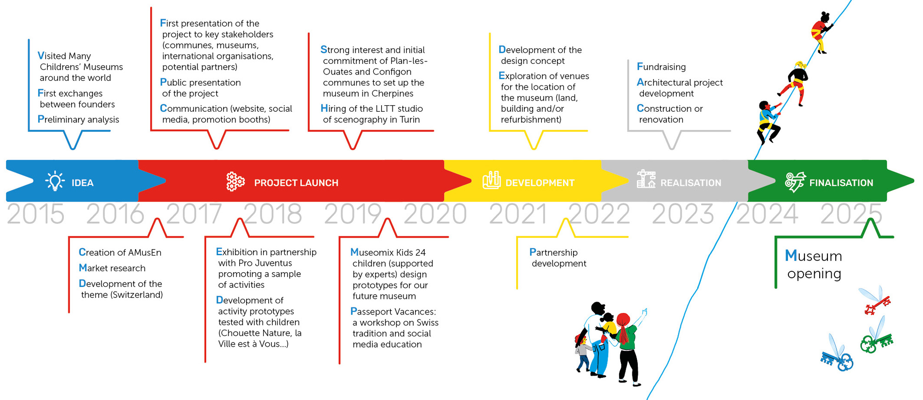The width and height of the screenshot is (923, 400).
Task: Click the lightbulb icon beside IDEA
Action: (55, 181)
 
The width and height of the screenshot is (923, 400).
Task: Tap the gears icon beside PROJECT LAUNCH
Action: (235, 182)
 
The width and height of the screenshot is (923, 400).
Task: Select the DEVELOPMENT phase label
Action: (540, 183)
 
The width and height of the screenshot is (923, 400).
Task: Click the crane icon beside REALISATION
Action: (646, 179)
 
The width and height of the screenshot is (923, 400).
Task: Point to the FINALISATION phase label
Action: (841, 183)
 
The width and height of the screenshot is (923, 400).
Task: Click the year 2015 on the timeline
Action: (36, 214)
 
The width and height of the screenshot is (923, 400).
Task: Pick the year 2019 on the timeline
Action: (353, 214)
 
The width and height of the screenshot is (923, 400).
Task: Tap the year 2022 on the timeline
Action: (599, 214)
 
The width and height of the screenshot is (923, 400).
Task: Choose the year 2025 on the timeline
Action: (851, 214)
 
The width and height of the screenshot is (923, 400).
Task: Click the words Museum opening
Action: (814, 264)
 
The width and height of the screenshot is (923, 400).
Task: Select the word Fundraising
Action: (661, 67)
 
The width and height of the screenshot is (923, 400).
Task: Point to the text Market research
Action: (112, 268)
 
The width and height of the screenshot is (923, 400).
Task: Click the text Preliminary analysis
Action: (78, 120)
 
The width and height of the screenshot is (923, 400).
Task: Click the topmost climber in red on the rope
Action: (821, 32)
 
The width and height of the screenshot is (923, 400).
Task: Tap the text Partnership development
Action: (558, 258)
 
